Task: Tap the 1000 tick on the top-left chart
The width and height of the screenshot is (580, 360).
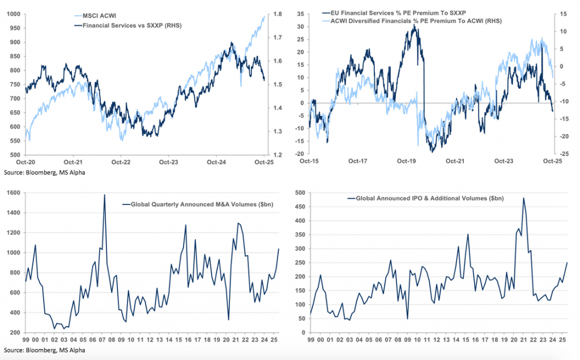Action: (13, 14)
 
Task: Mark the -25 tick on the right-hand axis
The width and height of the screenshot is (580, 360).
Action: (565, 153)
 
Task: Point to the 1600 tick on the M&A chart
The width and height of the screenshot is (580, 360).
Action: (14, 192)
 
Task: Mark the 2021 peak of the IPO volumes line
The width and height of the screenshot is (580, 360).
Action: (523, 198)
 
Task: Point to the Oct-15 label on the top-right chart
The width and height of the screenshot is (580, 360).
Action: (310, 161)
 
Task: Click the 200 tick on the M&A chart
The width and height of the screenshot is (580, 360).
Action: (15, 332)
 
